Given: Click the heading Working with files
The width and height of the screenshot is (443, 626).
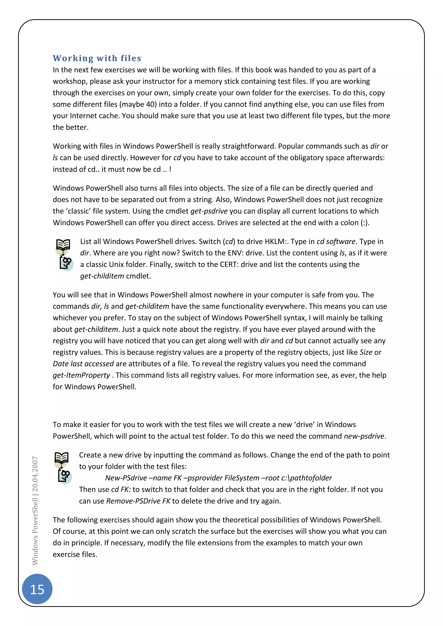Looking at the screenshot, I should [97, 58].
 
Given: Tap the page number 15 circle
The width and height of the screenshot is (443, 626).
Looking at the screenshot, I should [37, 589].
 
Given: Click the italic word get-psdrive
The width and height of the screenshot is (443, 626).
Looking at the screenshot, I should [209, 211].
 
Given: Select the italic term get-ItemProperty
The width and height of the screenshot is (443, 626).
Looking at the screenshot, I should [81, 375].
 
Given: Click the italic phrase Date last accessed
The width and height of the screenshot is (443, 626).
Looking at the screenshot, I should [83, 364].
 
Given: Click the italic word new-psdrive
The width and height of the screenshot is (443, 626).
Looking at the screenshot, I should [364, 436].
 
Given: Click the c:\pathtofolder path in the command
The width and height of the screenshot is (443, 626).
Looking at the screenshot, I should [307, 478].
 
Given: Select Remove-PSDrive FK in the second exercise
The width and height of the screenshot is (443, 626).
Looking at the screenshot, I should [138, 501].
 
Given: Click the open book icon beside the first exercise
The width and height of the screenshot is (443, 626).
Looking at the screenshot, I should [63, 245].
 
